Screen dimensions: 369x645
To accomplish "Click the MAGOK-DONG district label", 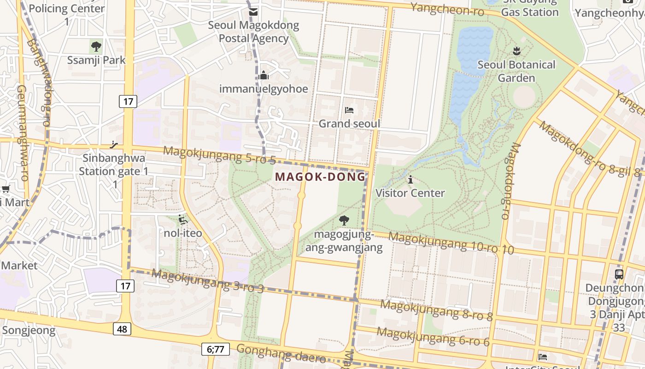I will point(320,177).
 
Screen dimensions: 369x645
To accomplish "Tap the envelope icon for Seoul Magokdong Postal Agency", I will point(253,12).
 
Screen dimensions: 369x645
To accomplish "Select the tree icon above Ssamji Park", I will point(96,47).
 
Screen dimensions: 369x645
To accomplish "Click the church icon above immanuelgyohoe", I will point(264,75).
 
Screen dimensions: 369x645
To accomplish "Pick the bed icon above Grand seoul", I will point(349,110).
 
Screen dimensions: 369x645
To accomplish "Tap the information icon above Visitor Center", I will point(410,179).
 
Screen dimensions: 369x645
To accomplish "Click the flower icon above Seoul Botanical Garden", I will point(516,51).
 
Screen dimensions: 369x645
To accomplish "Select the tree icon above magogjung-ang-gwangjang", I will point(344,220).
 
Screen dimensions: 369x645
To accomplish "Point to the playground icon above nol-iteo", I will point(183,220).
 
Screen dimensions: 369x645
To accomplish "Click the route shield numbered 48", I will point(122,329).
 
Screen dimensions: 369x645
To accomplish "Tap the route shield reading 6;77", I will point(215,349).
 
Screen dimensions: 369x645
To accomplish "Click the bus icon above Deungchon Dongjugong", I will point(619,274).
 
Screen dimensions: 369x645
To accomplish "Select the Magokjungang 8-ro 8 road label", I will point(436,310).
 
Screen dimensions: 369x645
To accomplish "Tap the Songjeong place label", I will point(29,330).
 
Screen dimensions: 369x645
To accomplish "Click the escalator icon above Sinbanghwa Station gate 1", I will point(114,145).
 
